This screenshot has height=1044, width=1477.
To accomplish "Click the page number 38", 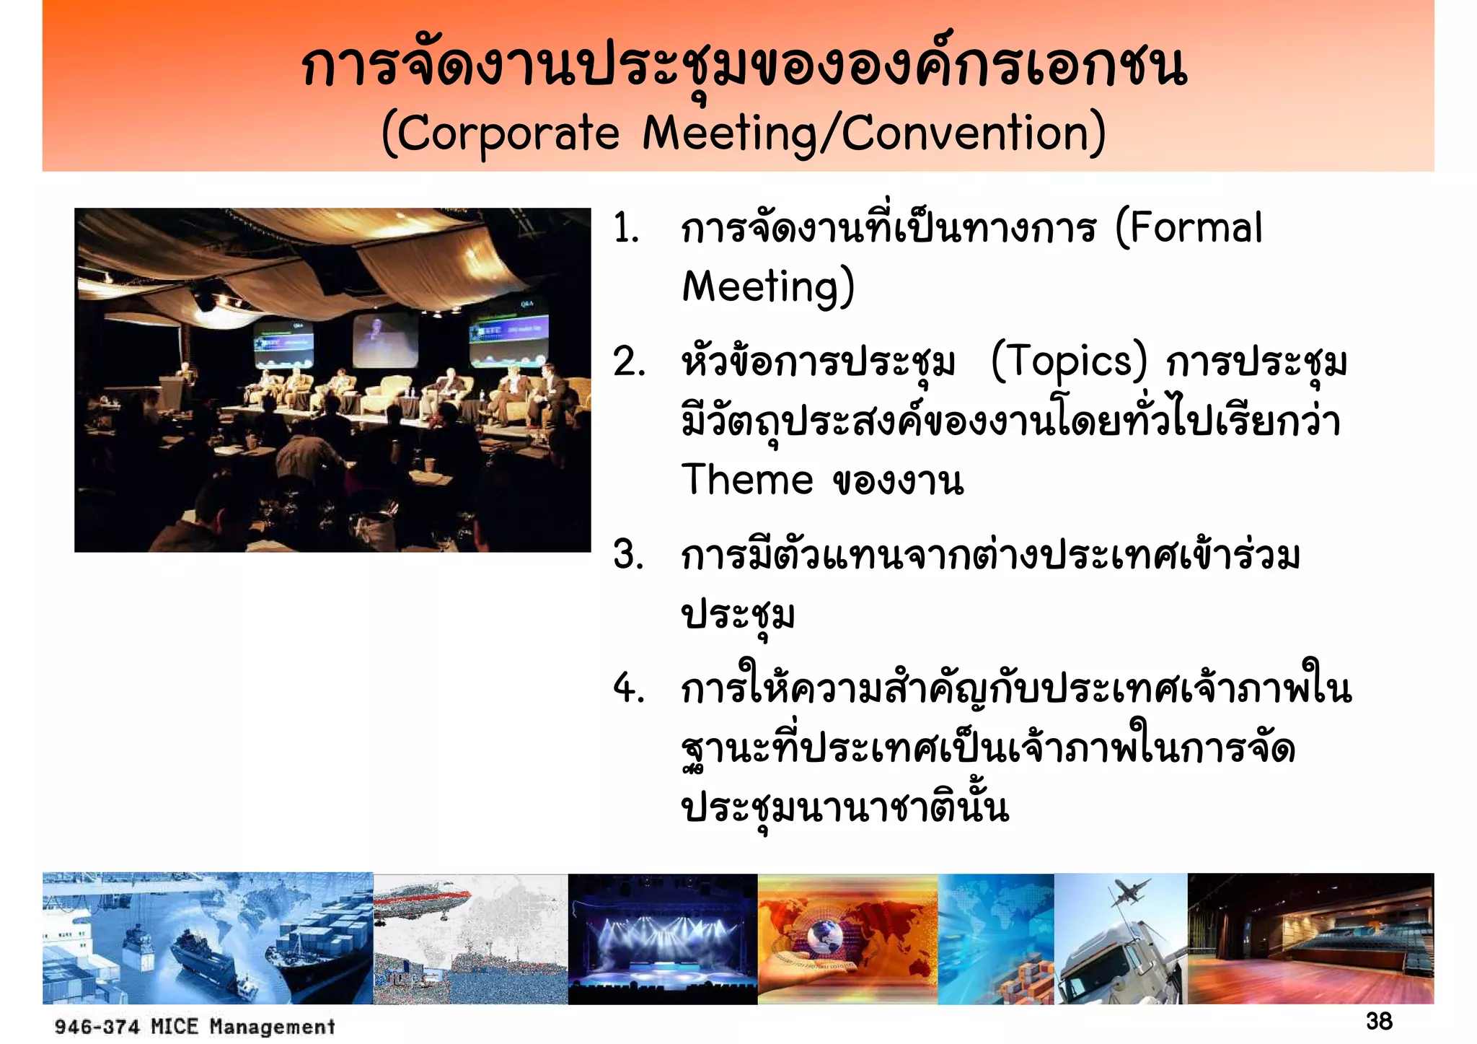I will point(1379,1021).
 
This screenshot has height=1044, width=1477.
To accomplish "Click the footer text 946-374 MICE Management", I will point(195,1026).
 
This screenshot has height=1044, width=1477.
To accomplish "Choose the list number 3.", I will point(628,556).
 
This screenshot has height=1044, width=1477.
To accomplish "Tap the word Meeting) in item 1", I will point(768,287).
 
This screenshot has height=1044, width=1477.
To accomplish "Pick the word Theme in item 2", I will point(747,480).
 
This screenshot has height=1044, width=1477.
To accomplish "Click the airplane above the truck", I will point(1130,893).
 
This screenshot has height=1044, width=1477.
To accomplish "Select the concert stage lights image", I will point(662,938).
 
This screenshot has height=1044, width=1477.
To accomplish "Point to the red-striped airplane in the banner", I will point(422,902).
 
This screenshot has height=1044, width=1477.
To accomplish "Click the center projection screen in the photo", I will point(385,339).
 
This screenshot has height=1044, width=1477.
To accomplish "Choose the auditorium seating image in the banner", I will point(1310,938).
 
